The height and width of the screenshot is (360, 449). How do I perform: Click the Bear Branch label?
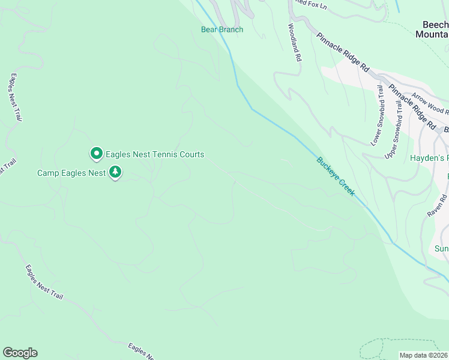[x=222, y=29]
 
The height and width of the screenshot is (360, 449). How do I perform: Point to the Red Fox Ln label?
[x=309, y=4]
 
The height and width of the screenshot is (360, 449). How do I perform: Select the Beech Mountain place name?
[x=432, y=29]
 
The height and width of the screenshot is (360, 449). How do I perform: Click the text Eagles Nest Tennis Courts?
[x=155, y=154]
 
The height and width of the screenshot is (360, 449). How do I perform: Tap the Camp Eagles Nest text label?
[x=71, y=173]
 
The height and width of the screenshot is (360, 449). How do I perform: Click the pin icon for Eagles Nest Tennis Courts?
[x=96, y=154]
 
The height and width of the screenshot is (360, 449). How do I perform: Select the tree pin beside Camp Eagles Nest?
[x=115, y=173]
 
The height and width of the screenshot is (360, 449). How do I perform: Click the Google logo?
[x=20, y=353]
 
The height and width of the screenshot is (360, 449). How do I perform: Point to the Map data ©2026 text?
[x=424, y=355]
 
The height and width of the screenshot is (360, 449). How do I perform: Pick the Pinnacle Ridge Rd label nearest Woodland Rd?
[x=343, y=52]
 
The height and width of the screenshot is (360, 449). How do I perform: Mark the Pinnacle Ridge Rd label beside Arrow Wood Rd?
[x=412, y=107]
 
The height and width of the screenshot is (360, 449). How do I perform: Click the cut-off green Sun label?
[x=442, y=248]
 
